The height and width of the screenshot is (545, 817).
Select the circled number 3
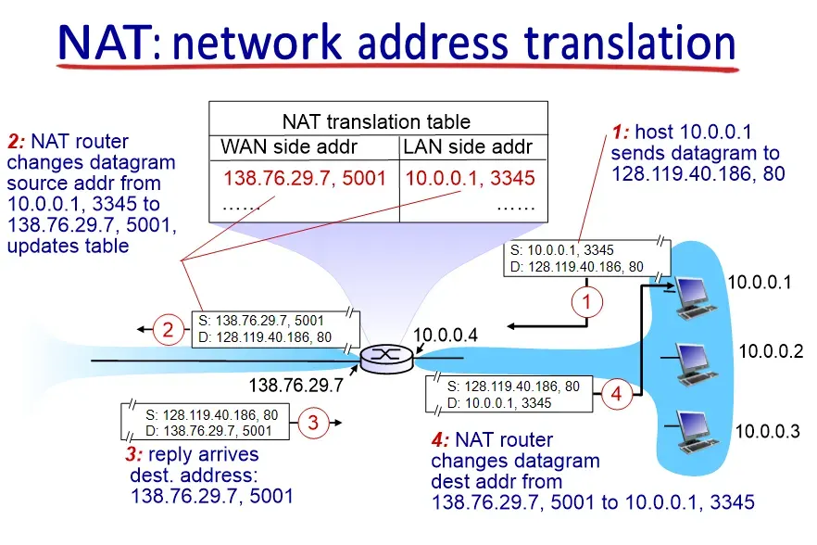[x=313, y=424]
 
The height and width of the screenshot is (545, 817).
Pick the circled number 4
[x=619, y=393]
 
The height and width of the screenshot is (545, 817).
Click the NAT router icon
[x=383, y=356]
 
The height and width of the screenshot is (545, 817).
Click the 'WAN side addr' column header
[x=289, y=146]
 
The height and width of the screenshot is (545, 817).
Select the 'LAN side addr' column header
[x=469, y=146]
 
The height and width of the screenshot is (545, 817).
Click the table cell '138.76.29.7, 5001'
[x=304, y=178]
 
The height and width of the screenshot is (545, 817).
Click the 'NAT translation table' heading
[x=376, y=121]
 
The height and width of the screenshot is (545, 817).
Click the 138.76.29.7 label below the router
[x=297, y=383]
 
